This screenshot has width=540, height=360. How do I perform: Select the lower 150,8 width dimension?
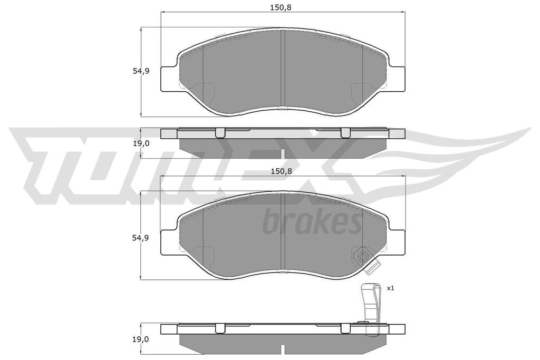coord(281,171)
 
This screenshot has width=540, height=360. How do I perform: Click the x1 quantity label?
coord(390,288)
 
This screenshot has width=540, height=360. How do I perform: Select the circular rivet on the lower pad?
coord(362,257)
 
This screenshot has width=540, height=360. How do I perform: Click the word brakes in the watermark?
coord(311,222)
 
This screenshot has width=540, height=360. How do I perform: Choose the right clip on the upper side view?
coord(345,133)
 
